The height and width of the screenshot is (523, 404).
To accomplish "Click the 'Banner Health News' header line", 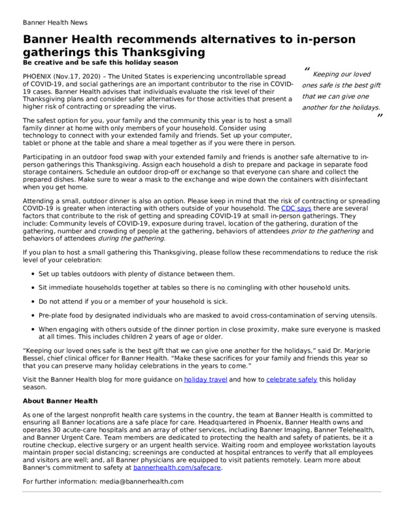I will [55, 22].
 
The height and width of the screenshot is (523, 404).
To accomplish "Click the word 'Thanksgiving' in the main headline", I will [167, 52].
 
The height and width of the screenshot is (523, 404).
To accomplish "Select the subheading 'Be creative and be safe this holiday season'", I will [99, 63].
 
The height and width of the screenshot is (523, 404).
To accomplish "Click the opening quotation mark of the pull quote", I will [307, 70].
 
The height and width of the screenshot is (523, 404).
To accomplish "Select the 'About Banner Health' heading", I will [60, 400].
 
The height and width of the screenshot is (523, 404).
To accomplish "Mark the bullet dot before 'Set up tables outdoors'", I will [32, 274].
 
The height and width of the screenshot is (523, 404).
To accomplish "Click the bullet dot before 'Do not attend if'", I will [32, 301].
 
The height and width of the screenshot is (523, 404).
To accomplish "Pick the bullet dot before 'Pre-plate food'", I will [32, 315].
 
